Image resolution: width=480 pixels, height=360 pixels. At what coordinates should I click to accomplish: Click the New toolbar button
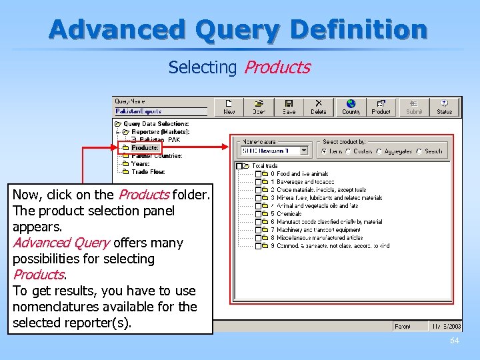229,107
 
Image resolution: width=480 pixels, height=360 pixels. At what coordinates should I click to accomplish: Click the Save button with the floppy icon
289,107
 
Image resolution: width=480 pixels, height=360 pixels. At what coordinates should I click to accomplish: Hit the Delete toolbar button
319,107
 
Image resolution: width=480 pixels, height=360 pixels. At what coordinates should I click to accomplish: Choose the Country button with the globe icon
351,107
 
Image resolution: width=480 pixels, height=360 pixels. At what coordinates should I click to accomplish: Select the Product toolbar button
381,107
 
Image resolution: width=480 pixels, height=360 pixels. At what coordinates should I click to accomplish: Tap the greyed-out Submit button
414,107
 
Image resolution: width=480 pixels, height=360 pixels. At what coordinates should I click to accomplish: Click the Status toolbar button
444,107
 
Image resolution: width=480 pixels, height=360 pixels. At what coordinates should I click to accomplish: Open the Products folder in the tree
144,148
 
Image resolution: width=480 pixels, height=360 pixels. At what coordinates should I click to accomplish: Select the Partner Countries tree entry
157,156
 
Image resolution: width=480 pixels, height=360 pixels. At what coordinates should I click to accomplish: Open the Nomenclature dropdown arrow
304,151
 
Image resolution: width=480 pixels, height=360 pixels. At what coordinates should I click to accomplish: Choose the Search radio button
419,151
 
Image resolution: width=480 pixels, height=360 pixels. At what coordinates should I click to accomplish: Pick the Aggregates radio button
379,151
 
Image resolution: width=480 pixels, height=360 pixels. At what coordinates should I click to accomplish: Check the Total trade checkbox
239,166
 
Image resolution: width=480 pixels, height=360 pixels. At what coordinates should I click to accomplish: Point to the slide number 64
454,341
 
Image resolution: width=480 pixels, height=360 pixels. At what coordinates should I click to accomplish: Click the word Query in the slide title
238,30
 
